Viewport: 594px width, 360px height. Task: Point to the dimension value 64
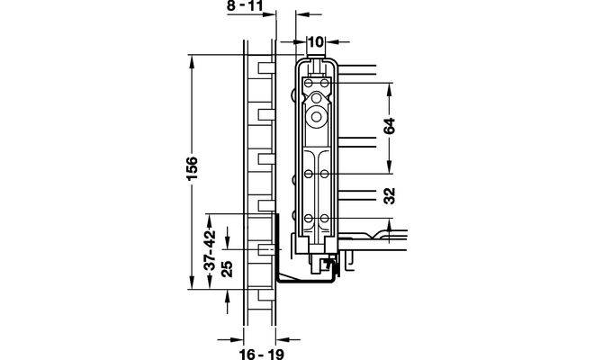click(x=389, y=125)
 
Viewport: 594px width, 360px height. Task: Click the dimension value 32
click(x=389, y=196)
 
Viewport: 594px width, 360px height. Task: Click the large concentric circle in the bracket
click(x=316, y=116)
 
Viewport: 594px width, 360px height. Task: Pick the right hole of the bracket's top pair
click(x=322, y=83)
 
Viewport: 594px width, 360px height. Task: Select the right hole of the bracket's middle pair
click(x=322, y=171)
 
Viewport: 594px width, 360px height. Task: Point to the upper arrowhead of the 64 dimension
click(x=389, y=88)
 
